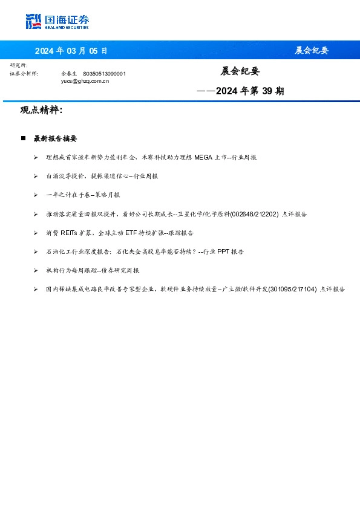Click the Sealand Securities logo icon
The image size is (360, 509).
(x=33, y=22)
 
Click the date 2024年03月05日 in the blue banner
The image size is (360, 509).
(x=71, y=51)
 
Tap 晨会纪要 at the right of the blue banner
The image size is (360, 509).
(x=312, y=51)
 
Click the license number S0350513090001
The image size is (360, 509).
(x=104, y=73)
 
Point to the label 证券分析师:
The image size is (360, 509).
(x=24, y=73)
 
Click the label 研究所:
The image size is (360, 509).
(x=19, y=65)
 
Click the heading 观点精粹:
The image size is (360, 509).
(x=41, y=111)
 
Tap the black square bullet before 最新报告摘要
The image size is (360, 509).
(x=23, y=138)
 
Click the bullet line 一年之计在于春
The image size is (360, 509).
(x=83, y=195)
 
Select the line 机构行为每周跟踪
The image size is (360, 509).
(x=93, y=270)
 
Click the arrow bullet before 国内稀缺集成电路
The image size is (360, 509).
(x=36, y=290)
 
